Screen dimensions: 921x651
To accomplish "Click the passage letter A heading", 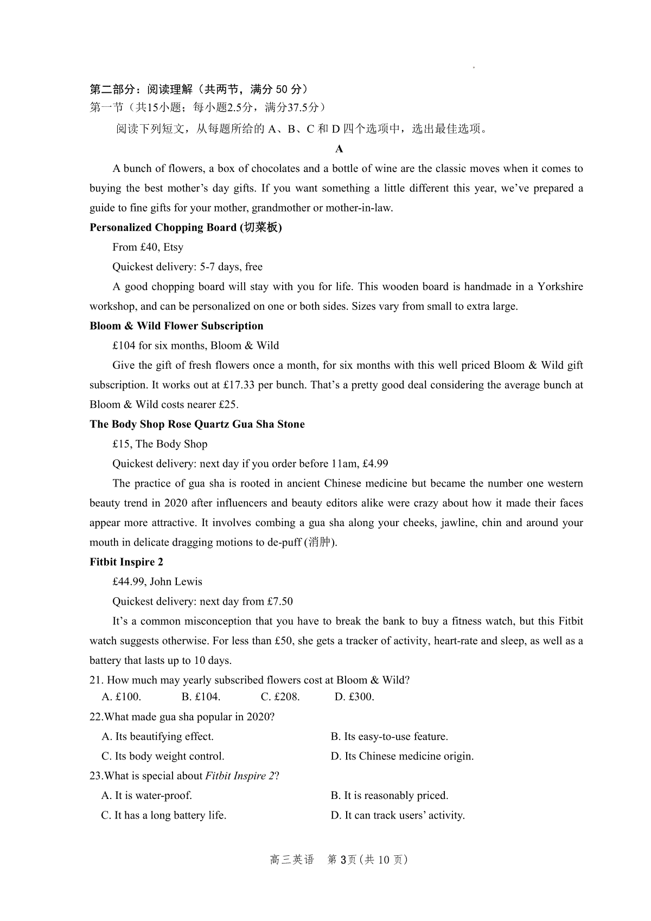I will pyautogui.click(x=339, y=149).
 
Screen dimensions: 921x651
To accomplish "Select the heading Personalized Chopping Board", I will pyautogui.click(x=186, y=227).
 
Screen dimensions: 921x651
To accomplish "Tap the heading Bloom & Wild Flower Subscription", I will pyautogui.click(x=176, y=326).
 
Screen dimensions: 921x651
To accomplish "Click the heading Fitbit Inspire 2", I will pyautogui.click(x=126, y=562).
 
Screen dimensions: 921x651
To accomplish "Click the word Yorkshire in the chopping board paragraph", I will pyautogui.click(x=560, y=286).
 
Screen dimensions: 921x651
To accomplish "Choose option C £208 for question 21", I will pyautogui.click(x=280, y=697).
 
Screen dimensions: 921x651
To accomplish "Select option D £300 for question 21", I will pyautogui.click(x=354, y=697).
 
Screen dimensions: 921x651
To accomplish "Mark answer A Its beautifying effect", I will pyautogui.click(x=158, y=737).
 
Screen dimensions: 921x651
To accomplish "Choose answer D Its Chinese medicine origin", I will pyautogui.click(x=402, y=756).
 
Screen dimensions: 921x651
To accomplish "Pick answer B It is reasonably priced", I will pyautogui.click(x=390, y=796).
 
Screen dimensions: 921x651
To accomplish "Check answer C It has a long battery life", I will pyautogui.click(x=164, y=815).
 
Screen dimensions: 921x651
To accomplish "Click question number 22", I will pyautogui.click(x=96, y=717).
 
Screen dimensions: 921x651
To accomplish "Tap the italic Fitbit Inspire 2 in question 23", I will pyautogui.click(x=240, y=776).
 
